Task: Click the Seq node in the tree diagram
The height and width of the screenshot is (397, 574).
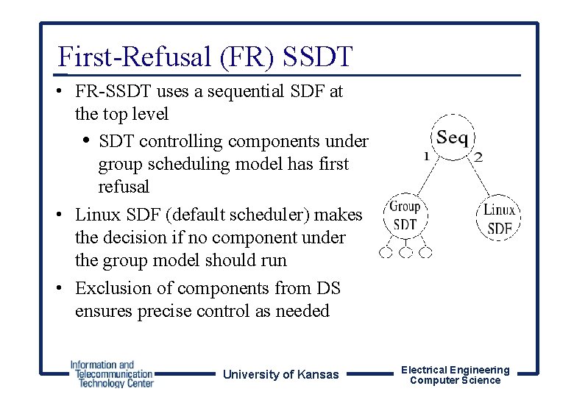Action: (x=452, y=137)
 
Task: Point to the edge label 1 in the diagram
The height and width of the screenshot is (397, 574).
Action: (x=426, y=155)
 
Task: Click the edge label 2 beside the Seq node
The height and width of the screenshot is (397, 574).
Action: (x=478, y=156)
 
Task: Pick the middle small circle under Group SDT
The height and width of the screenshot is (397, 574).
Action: (x=406, y=253)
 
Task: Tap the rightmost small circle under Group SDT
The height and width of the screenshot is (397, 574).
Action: (x=426, y=253)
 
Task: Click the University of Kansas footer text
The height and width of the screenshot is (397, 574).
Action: (x=281, y=374)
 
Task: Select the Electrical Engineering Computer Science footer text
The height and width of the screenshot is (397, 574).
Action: (x=455, y=375)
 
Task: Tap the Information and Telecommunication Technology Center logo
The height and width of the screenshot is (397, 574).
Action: (x=112, y=373)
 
